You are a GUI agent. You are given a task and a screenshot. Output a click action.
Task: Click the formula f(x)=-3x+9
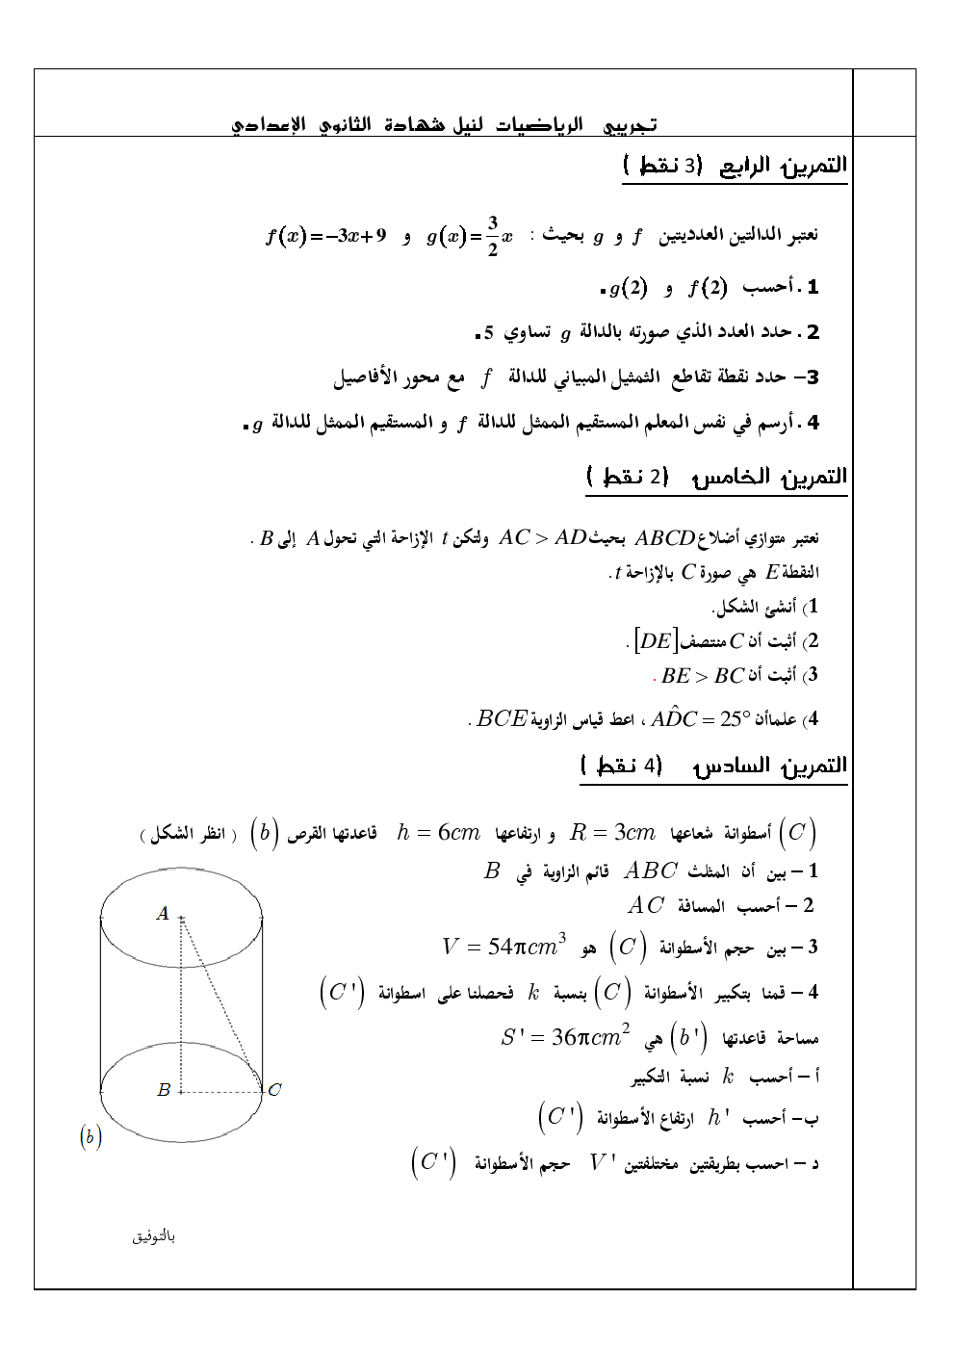pos(325,236)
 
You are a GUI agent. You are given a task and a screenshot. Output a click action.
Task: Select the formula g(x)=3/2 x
pos(470,236)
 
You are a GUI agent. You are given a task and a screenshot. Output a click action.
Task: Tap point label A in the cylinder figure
pos(163,914)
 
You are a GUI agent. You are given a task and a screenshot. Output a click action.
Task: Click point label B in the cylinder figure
pos(164,1090)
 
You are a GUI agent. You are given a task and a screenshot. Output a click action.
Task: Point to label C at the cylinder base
pos(275,1090)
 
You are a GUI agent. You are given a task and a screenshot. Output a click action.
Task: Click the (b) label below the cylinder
pos(90,1137)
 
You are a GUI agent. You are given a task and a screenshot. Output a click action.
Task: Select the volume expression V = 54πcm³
pos(503,947)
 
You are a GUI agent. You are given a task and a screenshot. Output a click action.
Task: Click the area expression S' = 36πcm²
pos(565,1037)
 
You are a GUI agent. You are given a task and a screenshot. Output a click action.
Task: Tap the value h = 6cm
pos(438,833)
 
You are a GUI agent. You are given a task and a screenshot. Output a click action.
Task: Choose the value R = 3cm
pos(612,833)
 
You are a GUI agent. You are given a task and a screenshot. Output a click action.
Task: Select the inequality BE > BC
pos(703,676)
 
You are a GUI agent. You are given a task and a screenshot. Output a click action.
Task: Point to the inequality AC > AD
pos(543,538)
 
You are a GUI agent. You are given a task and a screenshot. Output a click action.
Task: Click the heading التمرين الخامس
pos(770,477)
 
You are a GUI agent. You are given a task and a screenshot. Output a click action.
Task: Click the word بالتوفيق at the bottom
pos(154,1236)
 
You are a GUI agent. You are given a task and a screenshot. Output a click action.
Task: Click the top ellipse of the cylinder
pos(181,870)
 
